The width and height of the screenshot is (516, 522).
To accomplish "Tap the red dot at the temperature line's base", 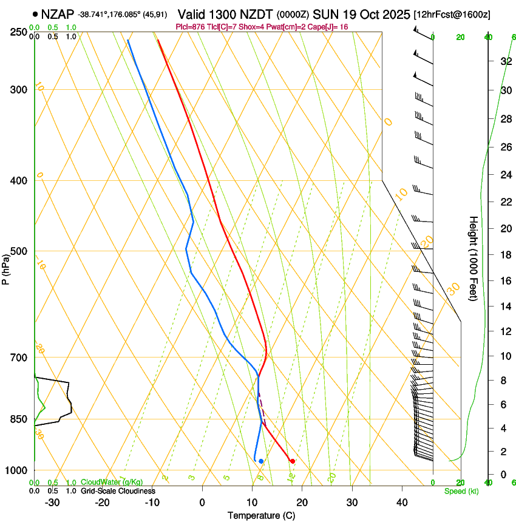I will point(292,461).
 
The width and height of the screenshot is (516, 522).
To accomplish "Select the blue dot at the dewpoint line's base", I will point(261,461).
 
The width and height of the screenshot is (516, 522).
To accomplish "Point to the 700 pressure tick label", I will point(18,358).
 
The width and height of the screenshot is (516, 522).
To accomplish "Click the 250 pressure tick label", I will point(18,32).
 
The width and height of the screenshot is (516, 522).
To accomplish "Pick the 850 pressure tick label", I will point(18,419).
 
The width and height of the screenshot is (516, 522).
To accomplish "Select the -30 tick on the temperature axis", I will point(52,503).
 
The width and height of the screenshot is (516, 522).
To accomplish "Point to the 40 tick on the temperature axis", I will point(402,503).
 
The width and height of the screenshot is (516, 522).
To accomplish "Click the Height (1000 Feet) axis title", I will point(474,258).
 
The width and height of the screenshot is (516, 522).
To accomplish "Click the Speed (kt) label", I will point(461,491).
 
